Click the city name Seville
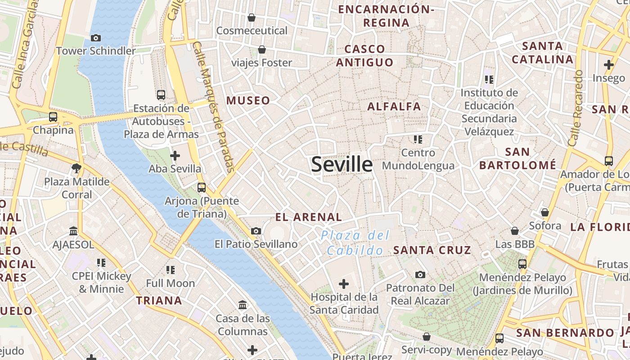click(342, 165)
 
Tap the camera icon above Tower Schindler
click(95, 38)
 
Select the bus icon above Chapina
click(53, 117)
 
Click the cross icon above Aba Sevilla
click(175, 156)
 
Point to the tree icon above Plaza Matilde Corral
click(76, 169)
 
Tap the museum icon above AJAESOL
click(73, 231)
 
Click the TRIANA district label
click(159, 301)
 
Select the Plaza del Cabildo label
click(355, 243)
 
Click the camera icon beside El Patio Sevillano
click(256, 231)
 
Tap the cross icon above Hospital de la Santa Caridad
click(344, 284)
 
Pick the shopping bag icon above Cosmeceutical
click(252, 18)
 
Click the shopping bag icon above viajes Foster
click(261, 49)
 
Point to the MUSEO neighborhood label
click(248, 100)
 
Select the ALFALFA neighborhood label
click(394, 107)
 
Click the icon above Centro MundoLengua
click(418, 139)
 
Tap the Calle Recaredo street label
click(575, 108)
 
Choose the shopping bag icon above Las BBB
click(515, 231)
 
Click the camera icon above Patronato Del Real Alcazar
click(420, 274)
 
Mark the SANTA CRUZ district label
click(432, 250)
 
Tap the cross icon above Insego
click(609, 65)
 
